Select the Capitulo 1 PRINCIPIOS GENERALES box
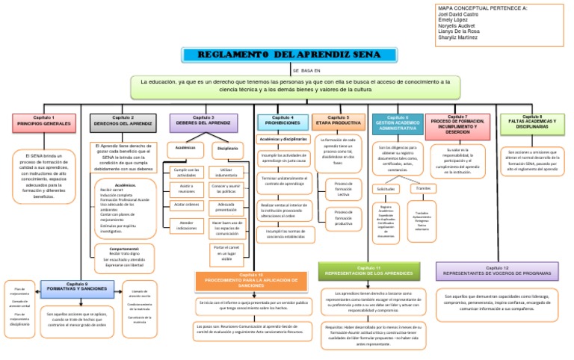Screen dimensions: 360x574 point(41,120)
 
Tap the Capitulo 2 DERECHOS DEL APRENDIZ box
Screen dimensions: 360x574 point(123,120)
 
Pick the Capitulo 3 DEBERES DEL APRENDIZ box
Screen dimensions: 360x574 point(203,120)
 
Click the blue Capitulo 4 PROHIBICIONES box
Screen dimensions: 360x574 point(283,120)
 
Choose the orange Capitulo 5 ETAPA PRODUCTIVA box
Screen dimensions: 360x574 point(338,120)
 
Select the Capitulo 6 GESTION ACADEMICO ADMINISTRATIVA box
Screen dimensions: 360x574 point(397,124)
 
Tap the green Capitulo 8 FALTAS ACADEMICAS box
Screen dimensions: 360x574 point(532,122)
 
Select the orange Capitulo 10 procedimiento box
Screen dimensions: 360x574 point(251,281)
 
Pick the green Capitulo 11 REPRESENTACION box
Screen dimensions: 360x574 point(368,270)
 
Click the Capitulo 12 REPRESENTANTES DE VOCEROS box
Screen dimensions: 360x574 point(496,270)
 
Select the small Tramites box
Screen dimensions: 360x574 point(423,188)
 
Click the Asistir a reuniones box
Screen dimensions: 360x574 point(186,187)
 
